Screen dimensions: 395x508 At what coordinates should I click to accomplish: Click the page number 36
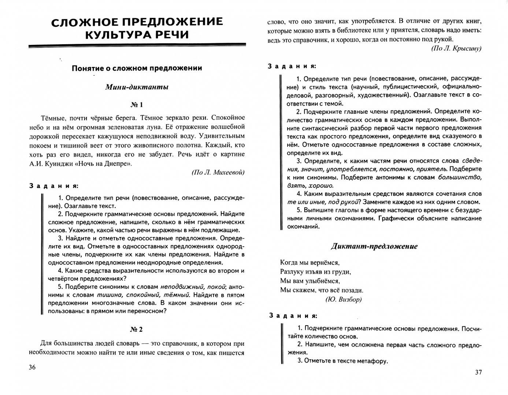32,367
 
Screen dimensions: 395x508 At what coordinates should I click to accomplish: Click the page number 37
478,372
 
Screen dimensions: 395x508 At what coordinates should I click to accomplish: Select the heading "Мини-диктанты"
137,87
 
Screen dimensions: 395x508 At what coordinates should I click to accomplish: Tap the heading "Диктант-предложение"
374,246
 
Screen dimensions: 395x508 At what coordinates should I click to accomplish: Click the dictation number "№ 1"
137,105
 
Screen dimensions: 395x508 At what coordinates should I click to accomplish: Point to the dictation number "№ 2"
137,329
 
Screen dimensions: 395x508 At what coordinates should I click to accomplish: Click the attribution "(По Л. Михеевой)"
218,173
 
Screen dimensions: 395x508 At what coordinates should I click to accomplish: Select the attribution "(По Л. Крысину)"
456,48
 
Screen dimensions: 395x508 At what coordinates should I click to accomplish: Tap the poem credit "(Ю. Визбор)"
344,299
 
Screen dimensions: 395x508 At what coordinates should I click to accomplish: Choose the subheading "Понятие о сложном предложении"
137,68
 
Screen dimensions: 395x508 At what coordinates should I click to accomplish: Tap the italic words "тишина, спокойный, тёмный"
143,295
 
